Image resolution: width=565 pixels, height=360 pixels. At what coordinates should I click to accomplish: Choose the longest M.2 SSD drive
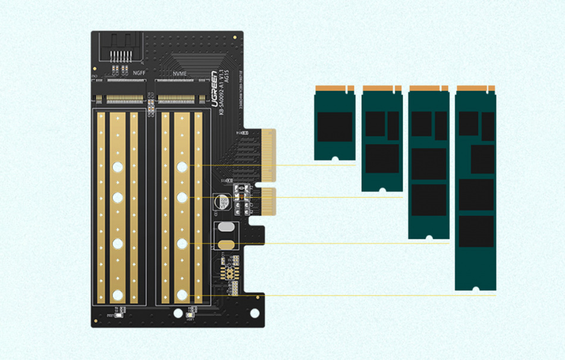click(x=475, y=187)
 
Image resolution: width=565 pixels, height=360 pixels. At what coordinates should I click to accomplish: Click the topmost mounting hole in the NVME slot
click(x=182, y=167)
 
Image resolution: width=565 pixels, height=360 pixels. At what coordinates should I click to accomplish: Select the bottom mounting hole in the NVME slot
click(x=182, y=293)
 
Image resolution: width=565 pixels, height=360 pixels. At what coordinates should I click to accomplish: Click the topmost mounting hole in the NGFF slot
click(x=118, y=167)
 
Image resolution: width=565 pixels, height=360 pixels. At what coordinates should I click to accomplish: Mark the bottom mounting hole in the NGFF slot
click(x=118, y=293)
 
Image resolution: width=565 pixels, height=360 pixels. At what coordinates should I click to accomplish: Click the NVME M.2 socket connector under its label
click(x=176, y=97)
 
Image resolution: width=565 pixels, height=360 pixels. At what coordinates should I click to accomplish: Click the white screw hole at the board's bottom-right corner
click(x=255, y=312)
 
